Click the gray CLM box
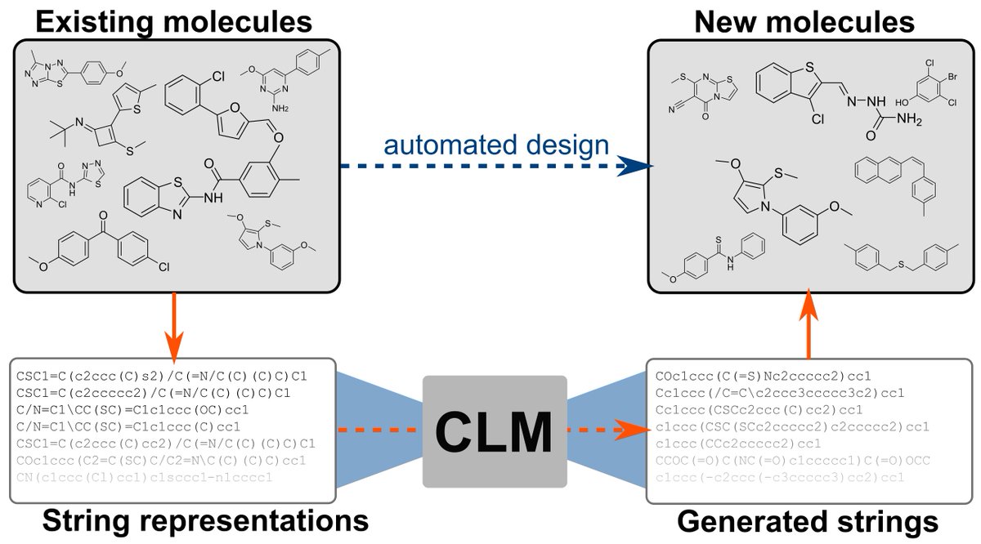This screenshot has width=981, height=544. tap(495, 431)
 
